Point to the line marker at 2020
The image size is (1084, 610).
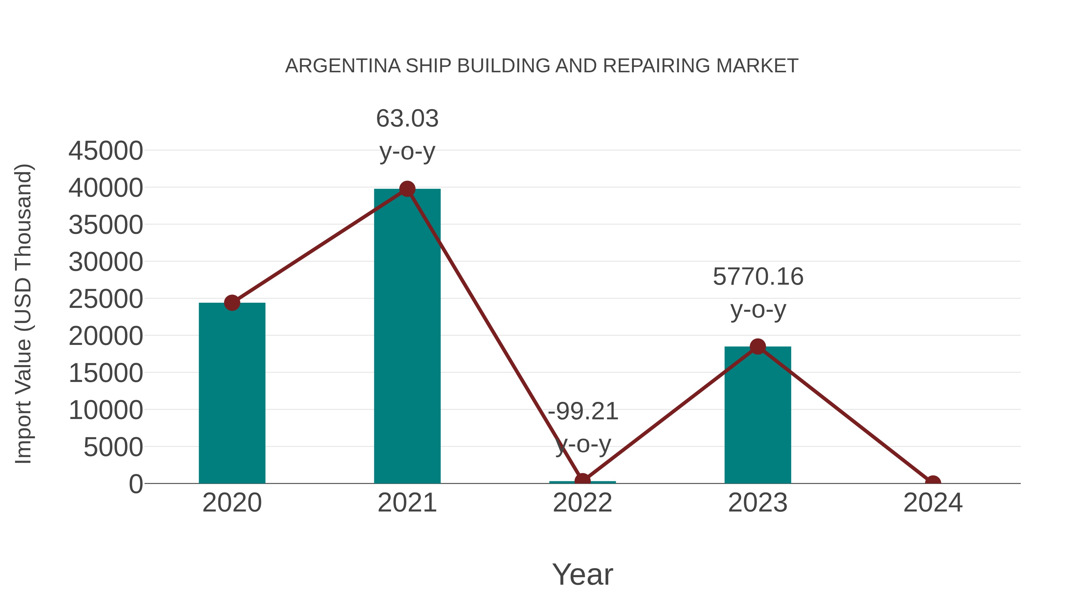pos(232,303)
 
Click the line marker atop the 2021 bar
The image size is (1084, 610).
pos(407,189)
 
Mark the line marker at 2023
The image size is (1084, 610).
pos(758,346)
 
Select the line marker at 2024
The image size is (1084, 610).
pos(933,483)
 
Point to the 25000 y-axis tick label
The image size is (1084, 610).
pos(106,299)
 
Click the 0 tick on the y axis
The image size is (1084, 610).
pos(136,484)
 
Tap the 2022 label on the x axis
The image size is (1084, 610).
pos(582,503)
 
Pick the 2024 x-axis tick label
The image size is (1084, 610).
pos(933,503)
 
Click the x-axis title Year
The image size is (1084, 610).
pos(582,574)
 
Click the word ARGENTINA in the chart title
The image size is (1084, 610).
pos(343,66)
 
